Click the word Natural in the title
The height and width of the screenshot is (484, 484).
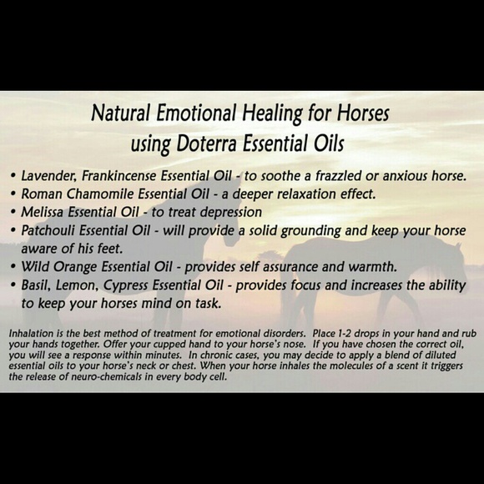[x=118, y=112]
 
